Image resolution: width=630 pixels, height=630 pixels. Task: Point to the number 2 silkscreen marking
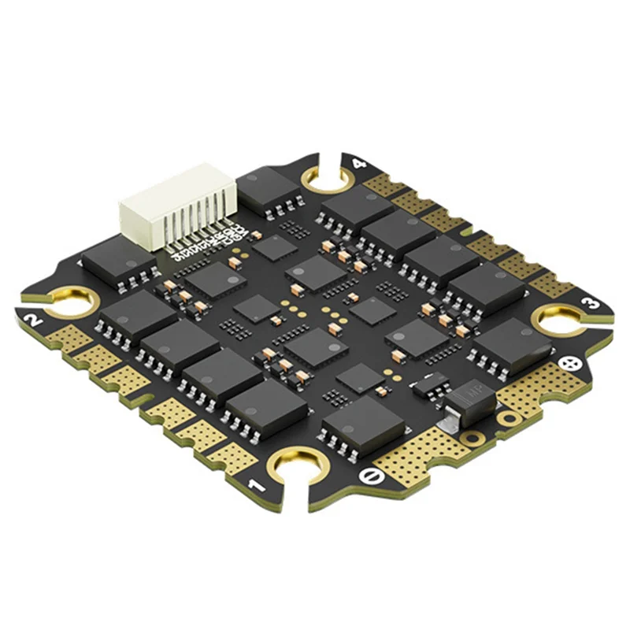pyautogui.click(x=34, y=321)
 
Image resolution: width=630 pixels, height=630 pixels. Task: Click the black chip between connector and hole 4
pyautogui.click(x=269, y=188)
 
